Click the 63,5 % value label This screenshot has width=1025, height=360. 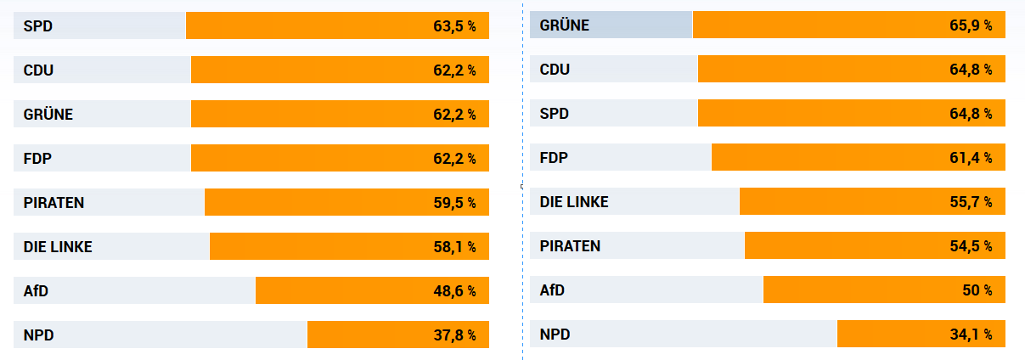[x=454, y=26]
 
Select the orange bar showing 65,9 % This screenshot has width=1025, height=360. [x=848, y=25]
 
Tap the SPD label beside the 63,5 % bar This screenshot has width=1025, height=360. [x=38, y=26]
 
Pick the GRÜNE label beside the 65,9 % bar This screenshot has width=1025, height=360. [x=564, y=25]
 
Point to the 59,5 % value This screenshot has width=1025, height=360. [x=454, y=203]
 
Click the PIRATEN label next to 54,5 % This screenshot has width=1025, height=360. [x=570, y=246]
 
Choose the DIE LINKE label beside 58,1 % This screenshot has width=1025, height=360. [x=58, y=247]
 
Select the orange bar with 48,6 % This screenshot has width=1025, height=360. [x=372, y=291]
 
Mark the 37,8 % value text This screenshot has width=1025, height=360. [x=454, y=335]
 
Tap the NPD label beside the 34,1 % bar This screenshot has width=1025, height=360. [x=555, y=335]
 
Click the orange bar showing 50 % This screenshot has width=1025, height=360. [x=884, y=290]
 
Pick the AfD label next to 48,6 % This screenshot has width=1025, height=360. [x=37, y=291]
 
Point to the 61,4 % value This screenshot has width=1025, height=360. [x=971, y=158]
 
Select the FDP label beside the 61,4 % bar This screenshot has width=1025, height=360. [x=554, y=158]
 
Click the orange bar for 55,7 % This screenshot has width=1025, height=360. [x=872, y=202]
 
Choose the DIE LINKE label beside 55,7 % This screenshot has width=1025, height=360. [x=574, y=202]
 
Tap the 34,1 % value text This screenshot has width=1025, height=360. [x=971, y=335]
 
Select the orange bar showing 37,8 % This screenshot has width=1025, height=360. [x=397, y=335]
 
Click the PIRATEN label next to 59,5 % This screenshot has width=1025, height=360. [x=54, y=203]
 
